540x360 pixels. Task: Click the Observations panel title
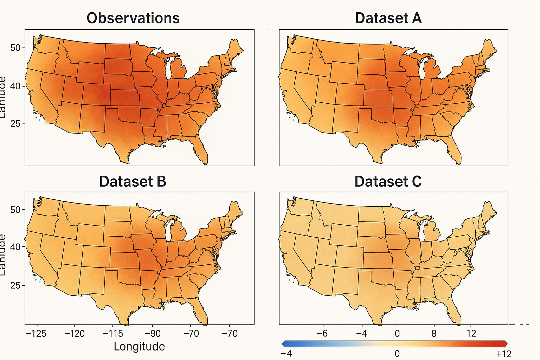(133, 18)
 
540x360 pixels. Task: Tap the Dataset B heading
(133, 181)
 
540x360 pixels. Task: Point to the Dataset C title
(388, 181)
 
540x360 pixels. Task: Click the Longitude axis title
(139, 346)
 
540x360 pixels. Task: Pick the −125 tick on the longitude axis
(36, 333)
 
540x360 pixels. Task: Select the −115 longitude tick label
(113, 333)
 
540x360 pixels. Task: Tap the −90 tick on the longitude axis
(152, 333)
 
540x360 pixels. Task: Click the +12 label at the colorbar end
(503, 354)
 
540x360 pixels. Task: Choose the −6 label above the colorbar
(322, 333)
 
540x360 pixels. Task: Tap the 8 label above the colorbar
(434, 333)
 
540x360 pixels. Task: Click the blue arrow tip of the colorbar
(283, 344)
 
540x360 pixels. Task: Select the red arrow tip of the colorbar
(506, 344)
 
